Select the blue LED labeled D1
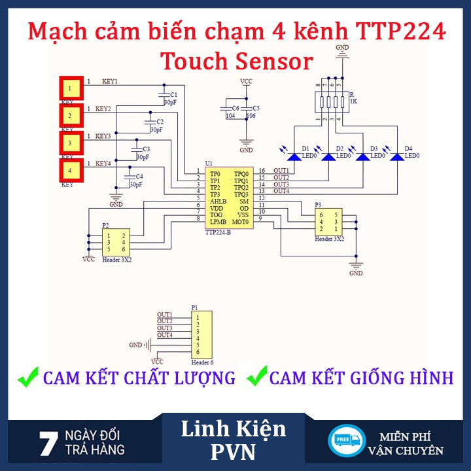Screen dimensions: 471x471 click(x=294, y=156)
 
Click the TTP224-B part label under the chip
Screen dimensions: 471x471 click(x=218, y=232)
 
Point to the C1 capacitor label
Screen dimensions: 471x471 click(x=173, y=95)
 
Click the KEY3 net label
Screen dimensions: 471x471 click(x=103, y=136)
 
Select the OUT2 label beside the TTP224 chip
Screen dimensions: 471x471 click(x=281, y=178)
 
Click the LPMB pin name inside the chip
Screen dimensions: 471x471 click(x=218, y=222)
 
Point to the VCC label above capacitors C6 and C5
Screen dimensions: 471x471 click(x=246, y=82)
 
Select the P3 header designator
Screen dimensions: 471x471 click(x=319, y=205)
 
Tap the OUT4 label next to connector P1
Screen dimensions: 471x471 click(x=165, y=335)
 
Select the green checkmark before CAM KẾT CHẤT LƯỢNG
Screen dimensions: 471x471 click(x=27, y=377)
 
